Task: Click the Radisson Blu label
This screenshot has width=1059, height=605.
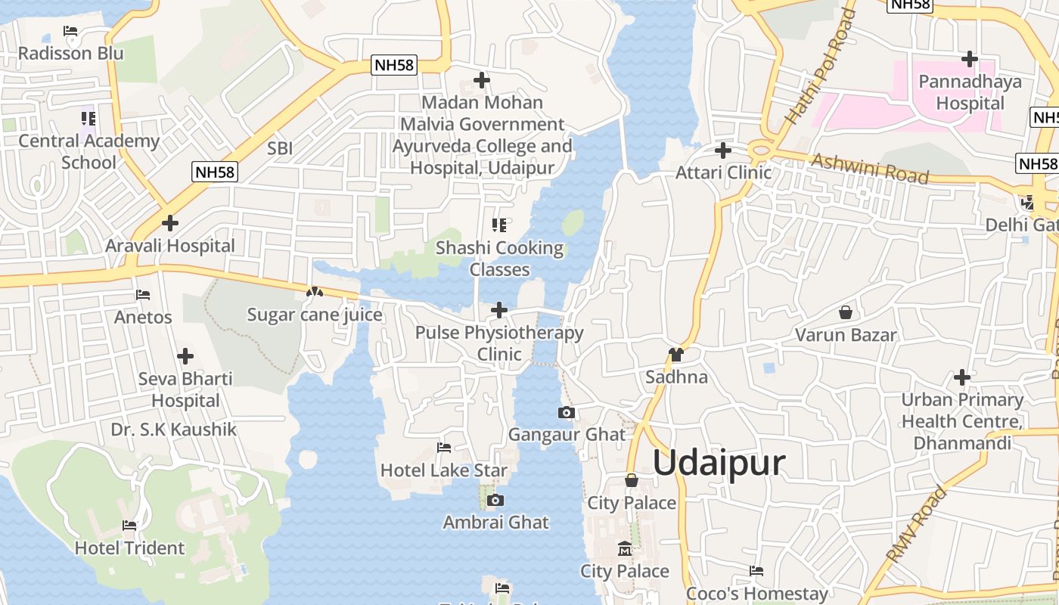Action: [70, 54]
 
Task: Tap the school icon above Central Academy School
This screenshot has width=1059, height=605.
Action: [89, 119]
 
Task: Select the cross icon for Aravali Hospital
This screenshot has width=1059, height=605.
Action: [170, 223]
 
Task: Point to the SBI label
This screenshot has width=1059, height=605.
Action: [280, 149]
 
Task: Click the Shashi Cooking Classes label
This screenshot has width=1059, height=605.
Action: [499, 259]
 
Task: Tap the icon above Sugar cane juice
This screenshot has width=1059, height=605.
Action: [315, 292]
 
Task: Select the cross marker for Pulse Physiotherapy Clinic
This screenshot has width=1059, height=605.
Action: [499, 310]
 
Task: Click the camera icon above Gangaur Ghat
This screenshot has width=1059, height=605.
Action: [566, 412]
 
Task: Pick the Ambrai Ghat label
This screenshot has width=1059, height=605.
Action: [495, 523]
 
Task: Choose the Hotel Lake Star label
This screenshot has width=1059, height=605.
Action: [443, 470]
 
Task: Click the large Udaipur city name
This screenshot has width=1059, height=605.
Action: [719, 462]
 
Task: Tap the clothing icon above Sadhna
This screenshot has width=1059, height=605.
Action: [675, 355]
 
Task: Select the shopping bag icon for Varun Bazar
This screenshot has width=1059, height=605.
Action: [846, 312]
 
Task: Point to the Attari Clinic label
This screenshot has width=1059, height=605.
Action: [723, 172]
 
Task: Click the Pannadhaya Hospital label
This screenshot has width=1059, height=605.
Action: [970, 92]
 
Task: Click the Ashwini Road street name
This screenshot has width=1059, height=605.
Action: [869, 169]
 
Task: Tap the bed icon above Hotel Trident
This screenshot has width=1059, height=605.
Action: [129, 526]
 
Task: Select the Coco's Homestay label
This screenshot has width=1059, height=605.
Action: [756, 594]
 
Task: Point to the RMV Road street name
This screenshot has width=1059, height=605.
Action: [916, 524]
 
